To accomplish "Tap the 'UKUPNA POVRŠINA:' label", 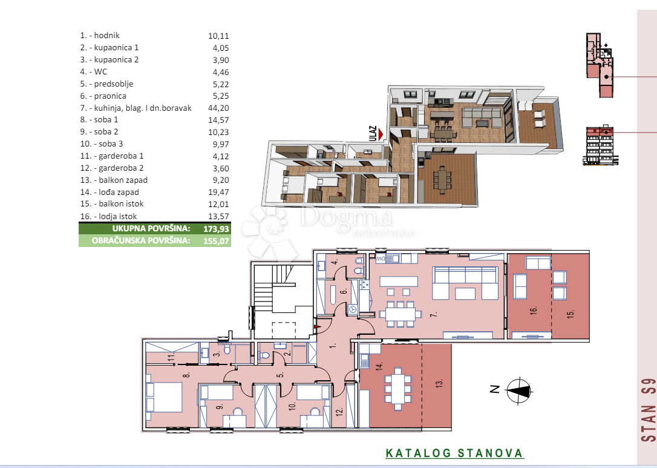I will click(x=151, y=229).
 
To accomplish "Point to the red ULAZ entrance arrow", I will click(x=380, y=137).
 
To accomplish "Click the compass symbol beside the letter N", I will click(x=517, y=390).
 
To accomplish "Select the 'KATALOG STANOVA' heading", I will click(x=454, y=453).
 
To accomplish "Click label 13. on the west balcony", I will click(x=440, y=383).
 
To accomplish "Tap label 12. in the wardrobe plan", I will click(x=339, y=411).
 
